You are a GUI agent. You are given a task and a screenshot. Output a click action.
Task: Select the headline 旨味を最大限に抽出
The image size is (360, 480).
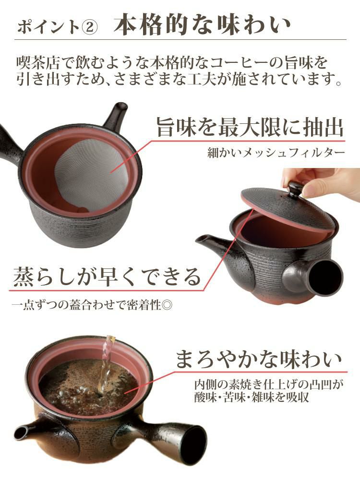pos(250,128)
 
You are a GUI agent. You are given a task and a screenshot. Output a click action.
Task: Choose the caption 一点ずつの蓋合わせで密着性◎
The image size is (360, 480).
pos(92,304)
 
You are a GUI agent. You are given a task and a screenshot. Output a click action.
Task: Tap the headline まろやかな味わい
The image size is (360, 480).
pos(259,360)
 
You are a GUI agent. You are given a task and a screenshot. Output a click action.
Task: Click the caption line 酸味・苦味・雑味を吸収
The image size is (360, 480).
pos(251,397)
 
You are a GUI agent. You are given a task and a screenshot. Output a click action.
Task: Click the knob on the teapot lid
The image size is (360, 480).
pos(295,188)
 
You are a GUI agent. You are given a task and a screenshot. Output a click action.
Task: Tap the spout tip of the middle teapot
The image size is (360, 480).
pos(202,239)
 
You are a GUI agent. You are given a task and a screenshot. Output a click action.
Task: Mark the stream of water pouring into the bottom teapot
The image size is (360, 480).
pos(107,365)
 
